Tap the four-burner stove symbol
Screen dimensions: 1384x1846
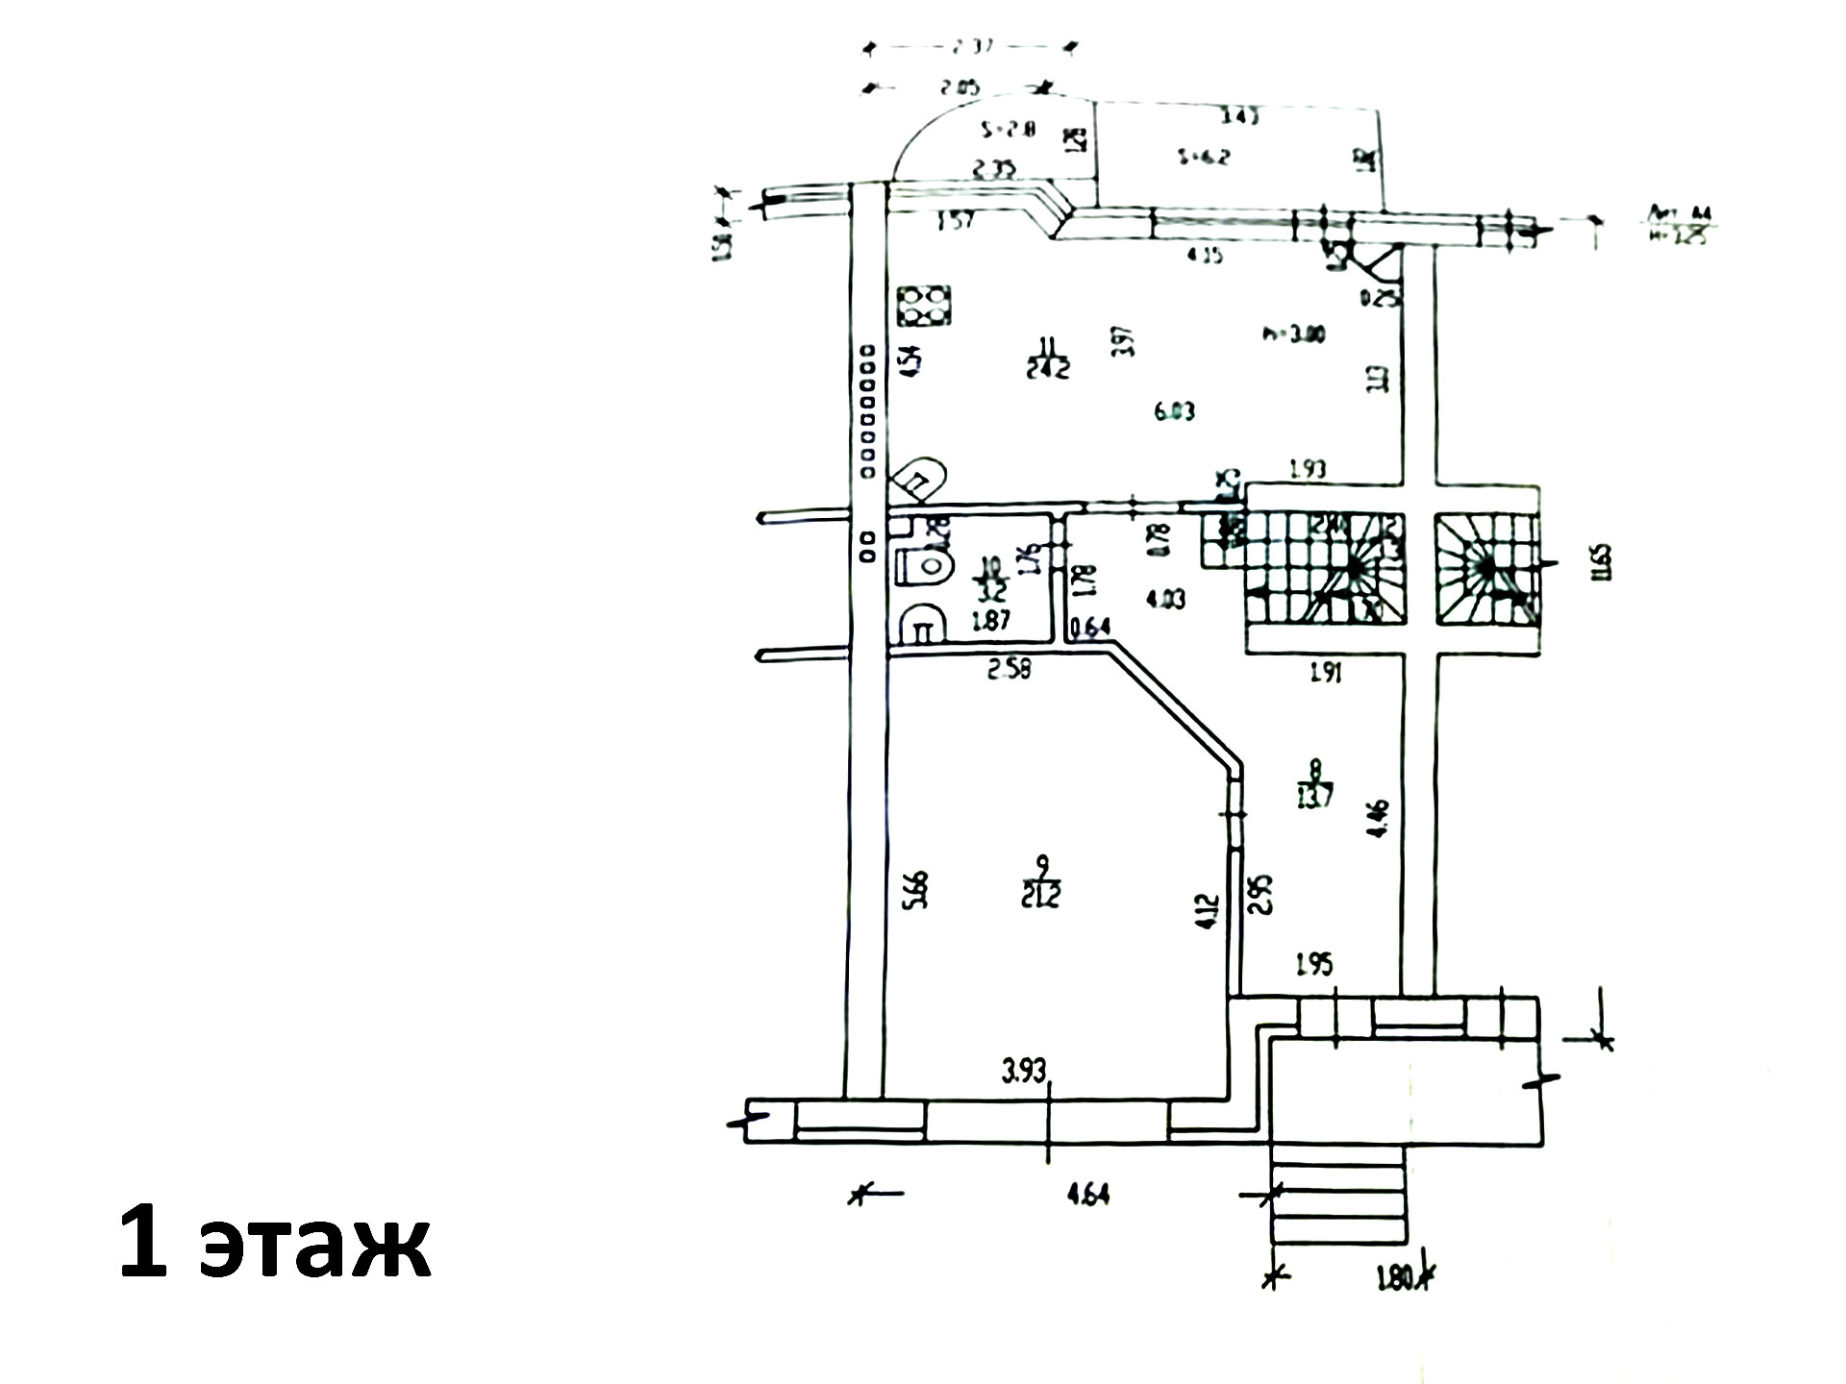(251, 307)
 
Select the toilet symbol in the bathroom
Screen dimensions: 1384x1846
(251, 566)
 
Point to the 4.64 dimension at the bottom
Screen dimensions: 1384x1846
(1087, 1194)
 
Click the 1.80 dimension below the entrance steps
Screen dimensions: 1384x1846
(1393, 1279)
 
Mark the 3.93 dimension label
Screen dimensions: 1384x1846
(1023, 1071)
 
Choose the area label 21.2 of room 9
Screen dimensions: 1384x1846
(1041, 896)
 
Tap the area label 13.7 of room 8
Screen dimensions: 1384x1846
(1314, 796)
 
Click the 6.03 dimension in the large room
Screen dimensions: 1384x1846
(1174, 411)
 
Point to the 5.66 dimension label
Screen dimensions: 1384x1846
(916, 889)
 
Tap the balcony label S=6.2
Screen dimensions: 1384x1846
(1204, 156)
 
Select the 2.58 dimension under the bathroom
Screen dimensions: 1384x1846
(1009, 670)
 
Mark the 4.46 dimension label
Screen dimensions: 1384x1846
(1378, 818)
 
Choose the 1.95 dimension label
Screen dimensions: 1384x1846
(1314, 964)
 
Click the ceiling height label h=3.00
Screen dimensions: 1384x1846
(1294, 334)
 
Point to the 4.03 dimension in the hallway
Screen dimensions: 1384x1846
(1166, 599)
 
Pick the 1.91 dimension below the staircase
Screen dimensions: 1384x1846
(1326, 673)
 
